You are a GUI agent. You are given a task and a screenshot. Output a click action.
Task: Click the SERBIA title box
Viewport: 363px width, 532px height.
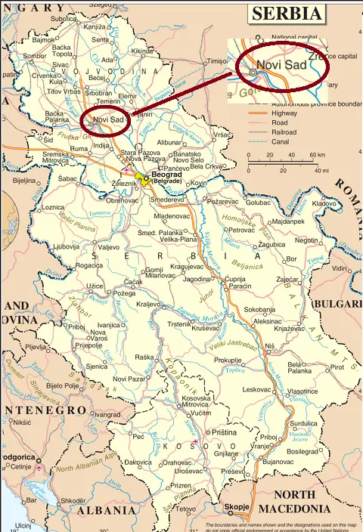pos(287,14)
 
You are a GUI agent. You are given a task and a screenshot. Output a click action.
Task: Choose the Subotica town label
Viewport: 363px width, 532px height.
pos(64,18)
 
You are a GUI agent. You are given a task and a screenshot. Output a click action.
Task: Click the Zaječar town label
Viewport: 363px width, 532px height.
pos(287,280)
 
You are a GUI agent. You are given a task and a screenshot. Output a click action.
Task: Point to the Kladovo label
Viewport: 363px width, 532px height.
pos(324,204)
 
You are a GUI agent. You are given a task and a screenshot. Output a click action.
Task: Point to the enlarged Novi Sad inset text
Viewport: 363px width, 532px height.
pos(281,65)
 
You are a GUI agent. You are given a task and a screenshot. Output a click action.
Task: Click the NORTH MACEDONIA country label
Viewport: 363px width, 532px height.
pos(302,502)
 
